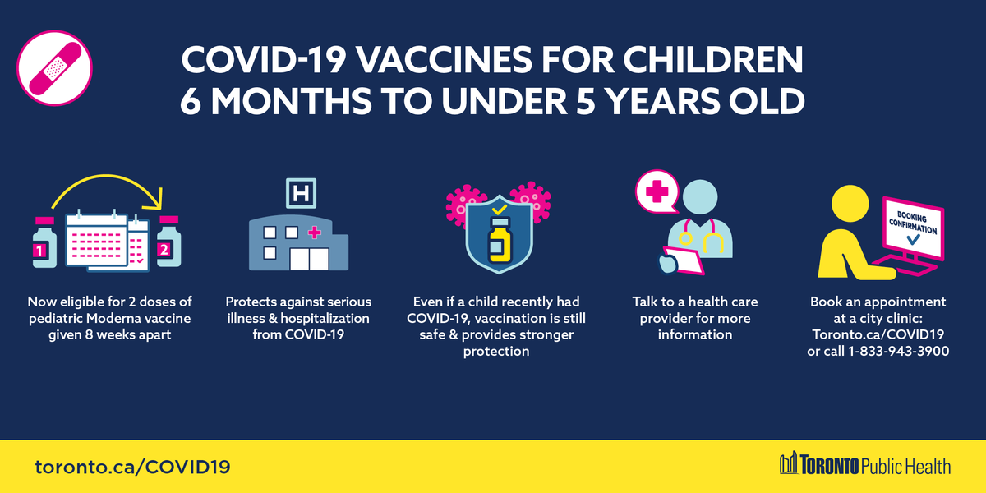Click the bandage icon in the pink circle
(x=53, y=68)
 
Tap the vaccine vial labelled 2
(x=169, y=244)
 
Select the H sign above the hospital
(x=300, y=195)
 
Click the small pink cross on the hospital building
(x=313, y=233)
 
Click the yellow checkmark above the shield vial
(x=496, y=211)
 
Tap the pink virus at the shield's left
(x=462, y=201)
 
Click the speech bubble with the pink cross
(x=658, y=193)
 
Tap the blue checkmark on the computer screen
(x=913, y=241)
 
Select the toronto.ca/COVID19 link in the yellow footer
(x=132, y=467)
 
